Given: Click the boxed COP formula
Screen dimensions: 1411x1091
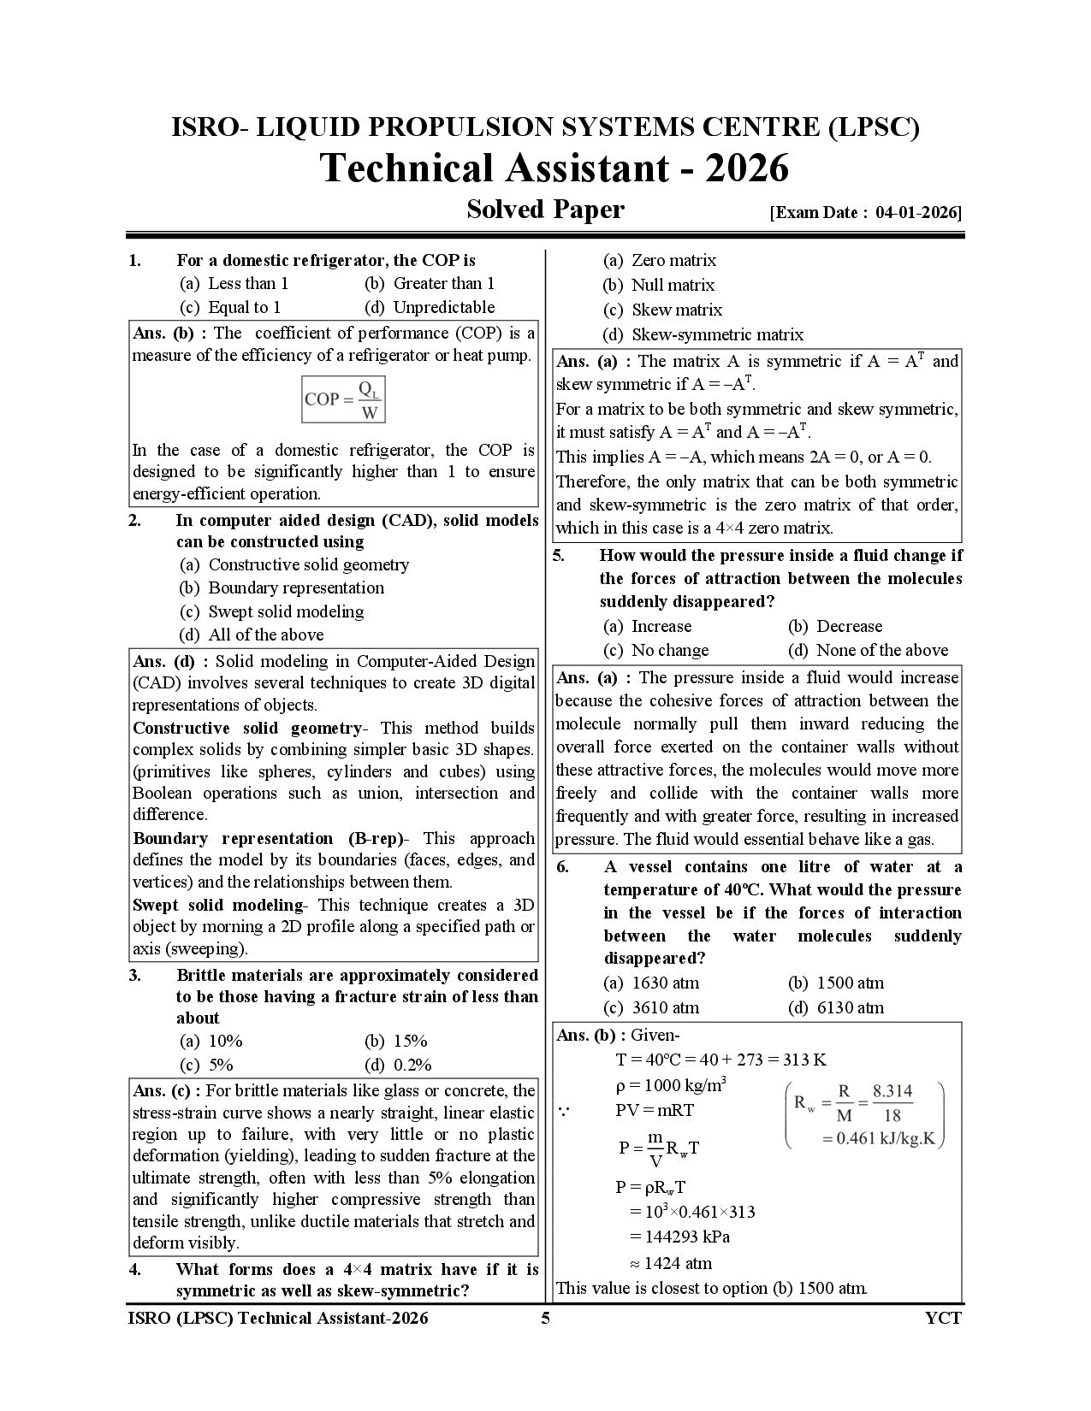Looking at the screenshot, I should coord(344,399).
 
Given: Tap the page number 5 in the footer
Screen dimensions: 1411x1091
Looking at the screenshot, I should coord(545,1318).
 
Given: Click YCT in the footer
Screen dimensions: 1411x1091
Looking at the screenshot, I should coord(943,1318).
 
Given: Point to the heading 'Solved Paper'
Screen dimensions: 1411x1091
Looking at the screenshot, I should coord(545,210).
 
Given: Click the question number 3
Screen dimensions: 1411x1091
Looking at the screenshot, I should coord(135,975).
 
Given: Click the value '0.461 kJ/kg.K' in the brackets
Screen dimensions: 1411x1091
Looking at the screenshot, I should coord(882,1139).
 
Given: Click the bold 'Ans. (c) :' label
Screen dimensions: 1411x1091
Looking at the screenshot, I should coord(167,1090).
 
